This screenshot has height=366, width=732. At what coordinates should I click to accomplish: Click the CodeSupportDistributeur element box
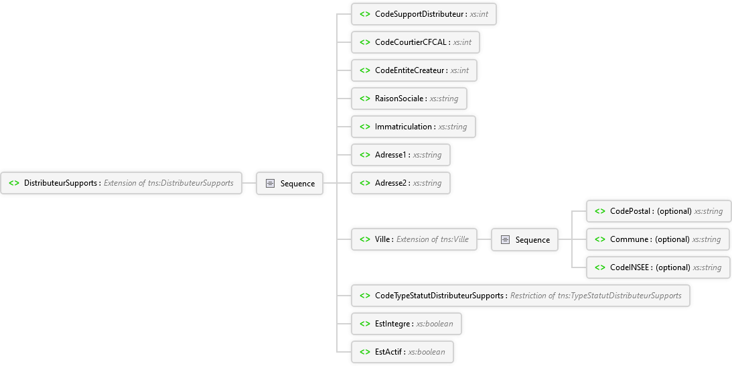tap(423, 14)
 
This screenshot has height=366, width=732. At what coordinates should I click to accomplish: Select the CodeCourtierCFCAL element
tap(415, 42)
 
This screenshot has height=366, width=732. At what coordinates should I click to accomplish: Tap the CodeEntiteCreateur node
tap(414, 70)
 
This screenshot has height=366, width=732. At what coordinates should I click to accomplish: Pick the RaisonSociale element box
tap(409, 99)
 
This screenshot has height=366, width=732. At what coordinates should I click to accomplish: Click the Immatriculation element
tap(413, 127)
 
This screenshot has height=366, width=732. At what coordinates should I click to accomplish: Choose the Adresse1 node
tap(400, 155)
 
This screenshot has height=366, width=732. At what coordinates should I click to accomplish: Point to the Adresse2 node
tap(400, 183)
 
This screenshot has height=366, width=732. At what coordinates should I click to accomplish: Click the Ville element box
tap(414, 239)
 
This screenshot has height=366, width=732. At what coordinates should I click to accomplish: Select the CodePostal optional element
tap(659, 211)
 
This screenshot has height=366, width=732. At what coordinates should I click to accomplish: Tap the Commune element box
tap(658, 239)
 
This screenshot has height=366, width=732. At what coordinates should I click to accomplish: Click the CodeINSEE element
tap(658, 267)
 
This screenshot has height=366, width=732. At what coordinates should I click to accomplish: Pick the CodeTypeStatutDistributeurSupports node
tap(520, 296)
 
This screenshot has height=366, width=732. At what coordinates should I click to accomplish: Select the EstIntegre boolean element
tap(406, 324)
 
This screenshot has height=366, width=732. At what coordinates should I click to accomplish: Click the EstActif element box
tap(402, 351)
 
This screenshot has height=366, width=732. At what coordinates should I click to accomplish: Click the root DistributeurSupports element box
tap(121, 183)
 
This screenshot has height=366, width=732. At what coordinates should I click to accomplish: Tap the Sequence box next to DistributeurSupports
tap(289, 183)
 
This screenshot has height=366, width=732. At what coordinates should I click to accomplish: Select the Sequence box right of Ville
tap(524, 239)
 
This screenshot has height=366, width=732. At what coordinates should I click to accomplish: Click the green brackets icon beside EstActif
tap(365, 351)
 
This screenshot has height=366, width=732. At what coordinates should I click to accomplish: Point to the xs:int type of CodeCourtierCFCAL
tap(462, 42)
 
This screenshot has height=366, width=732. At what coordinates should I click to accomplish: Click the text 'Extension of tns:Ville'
tap(433, 239)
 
